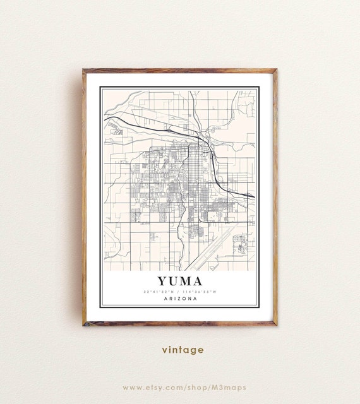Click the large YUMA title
pos(179,280)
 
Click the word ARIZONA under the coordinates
pos(179,299)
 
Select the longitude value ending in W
pos(201,291)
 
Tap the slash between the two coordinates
pos(179,291)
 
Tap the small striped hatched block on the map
pos(117,132)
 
